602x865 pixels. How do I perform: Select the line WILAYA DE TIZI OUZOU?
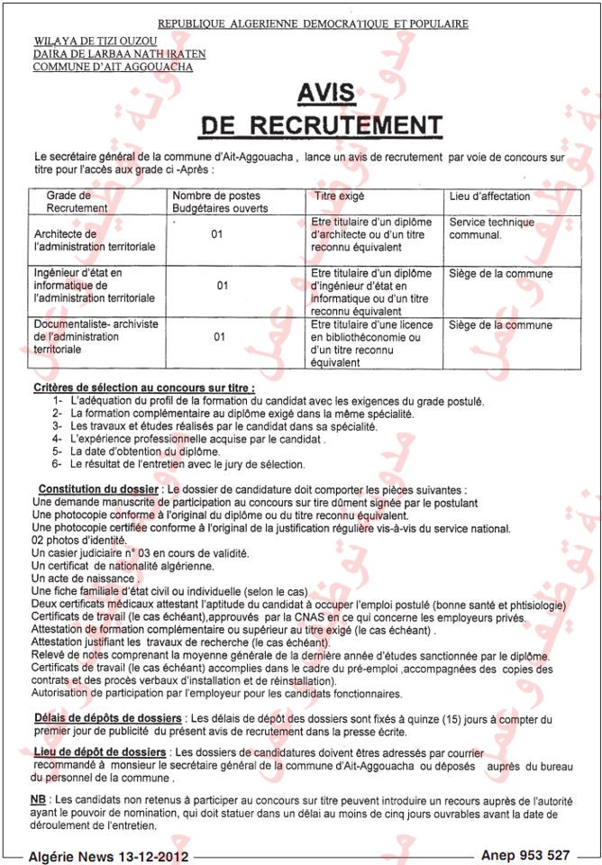tap(95, 41)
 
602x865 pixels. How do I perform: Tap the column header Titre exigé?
tap(339, 196)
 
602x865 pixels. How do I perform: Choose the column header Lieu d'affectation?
tap(489, 196)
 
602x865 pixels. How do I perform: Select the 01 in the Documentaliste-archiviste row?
tap(219, 337)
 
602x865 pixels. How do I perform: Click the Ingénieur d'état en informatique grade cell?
tap(94, 286)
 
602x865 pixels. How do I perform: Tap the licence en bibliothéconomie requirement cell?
tap(371, 343)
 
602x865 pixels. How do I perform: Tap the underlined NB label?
tap(38, 799)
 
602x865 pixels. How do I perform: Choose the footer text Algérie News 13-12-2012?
tap(109, 854)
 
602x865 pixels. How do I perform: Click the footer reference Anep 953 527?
tap(525, 854)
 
